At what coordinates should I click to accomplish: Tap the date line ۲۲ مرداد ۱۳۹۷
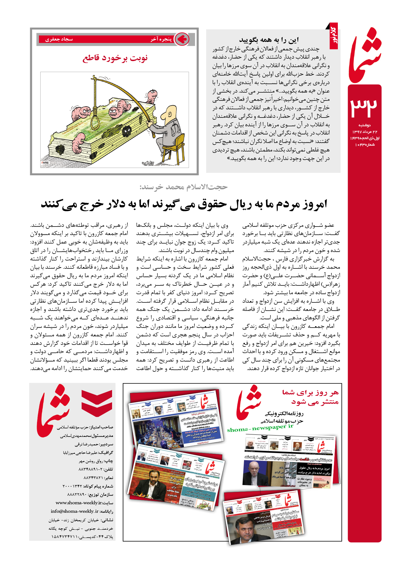(365, 132)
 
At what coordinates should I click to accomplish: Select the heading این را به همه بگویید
(269, 40)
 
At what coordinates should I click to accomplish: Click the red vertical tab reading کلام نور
(334, 36)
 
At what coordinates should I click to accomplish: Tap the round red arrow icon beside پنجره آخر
(182, 39)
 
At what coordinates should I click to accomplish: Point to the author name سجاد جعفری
(59, 39)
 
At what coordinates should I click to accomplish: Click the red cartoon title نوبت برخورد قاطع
(115, 58)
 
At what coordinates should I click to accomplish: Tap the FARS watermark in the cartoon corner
(45, 163)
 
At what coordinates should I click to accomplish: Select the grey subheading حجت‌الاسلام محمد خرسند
(184, 187)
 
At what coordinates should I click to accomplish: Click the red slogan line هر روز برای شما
(310, 393)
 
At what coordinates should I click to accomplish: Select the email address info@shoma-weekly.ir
(75, 511)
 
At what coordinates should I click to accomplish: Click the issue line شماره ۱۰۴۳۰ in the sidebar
(365, 145)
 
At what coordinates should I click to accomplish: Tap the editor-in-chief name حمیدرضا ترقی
(87, 444)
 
